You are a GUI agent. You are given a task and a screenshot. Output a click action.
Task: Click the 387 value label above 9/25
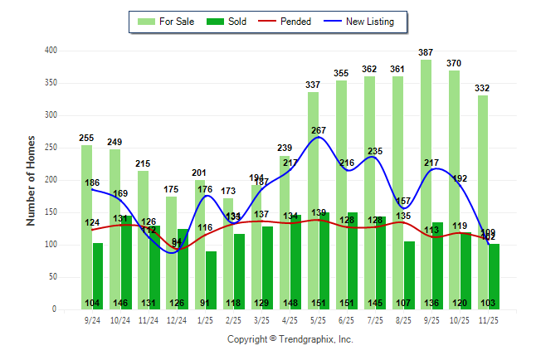426,52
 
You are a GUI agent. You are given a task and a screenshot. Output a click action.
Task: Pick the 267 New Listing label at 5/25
319,130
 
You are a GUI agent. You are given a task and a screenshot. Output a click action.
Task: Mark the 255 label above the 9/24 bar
86,138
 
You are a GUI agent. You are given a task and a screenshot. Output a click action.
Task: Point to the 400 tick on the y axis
51,51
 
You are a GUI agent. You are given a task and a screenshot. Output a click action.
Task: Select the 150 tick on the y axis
51,212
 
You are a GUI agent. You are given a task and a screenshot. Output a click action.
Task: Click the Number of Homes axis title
31,180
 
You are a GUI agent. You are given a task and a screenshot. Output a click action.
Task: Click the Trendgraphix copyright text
290,339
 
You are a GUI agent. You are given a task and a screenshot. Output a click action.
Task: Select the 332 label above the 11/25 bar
483,88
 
